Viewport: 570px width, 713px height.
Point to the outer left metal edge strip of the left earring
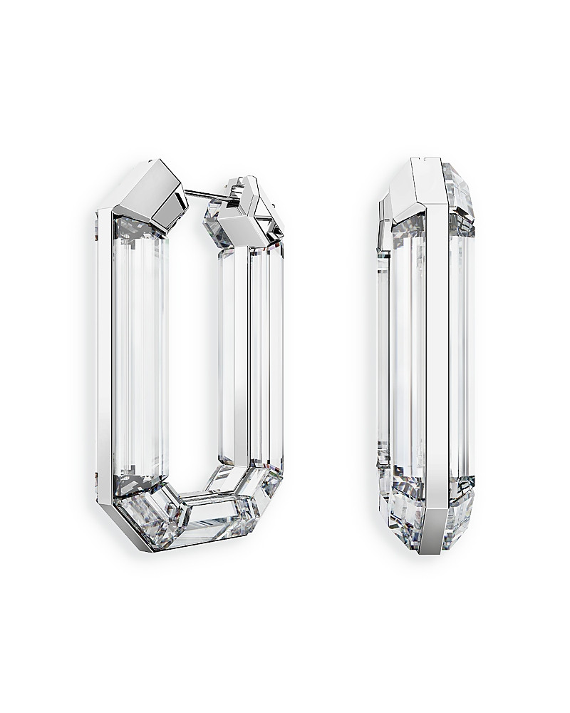pos(104,356)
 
